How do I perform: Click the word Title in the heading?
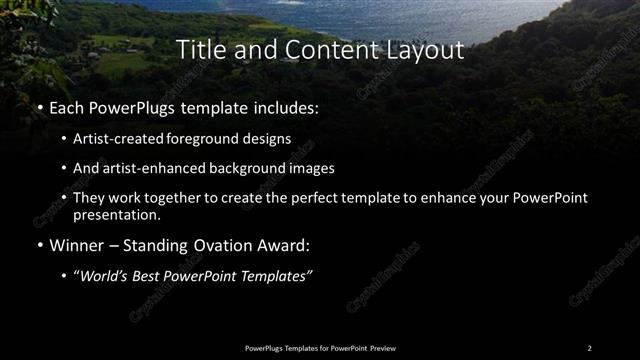click(x=200, y=49)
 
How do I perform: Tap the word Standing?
click(x=167, y=243)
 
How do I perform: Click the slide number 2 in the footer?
click(x=589, y=348)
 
